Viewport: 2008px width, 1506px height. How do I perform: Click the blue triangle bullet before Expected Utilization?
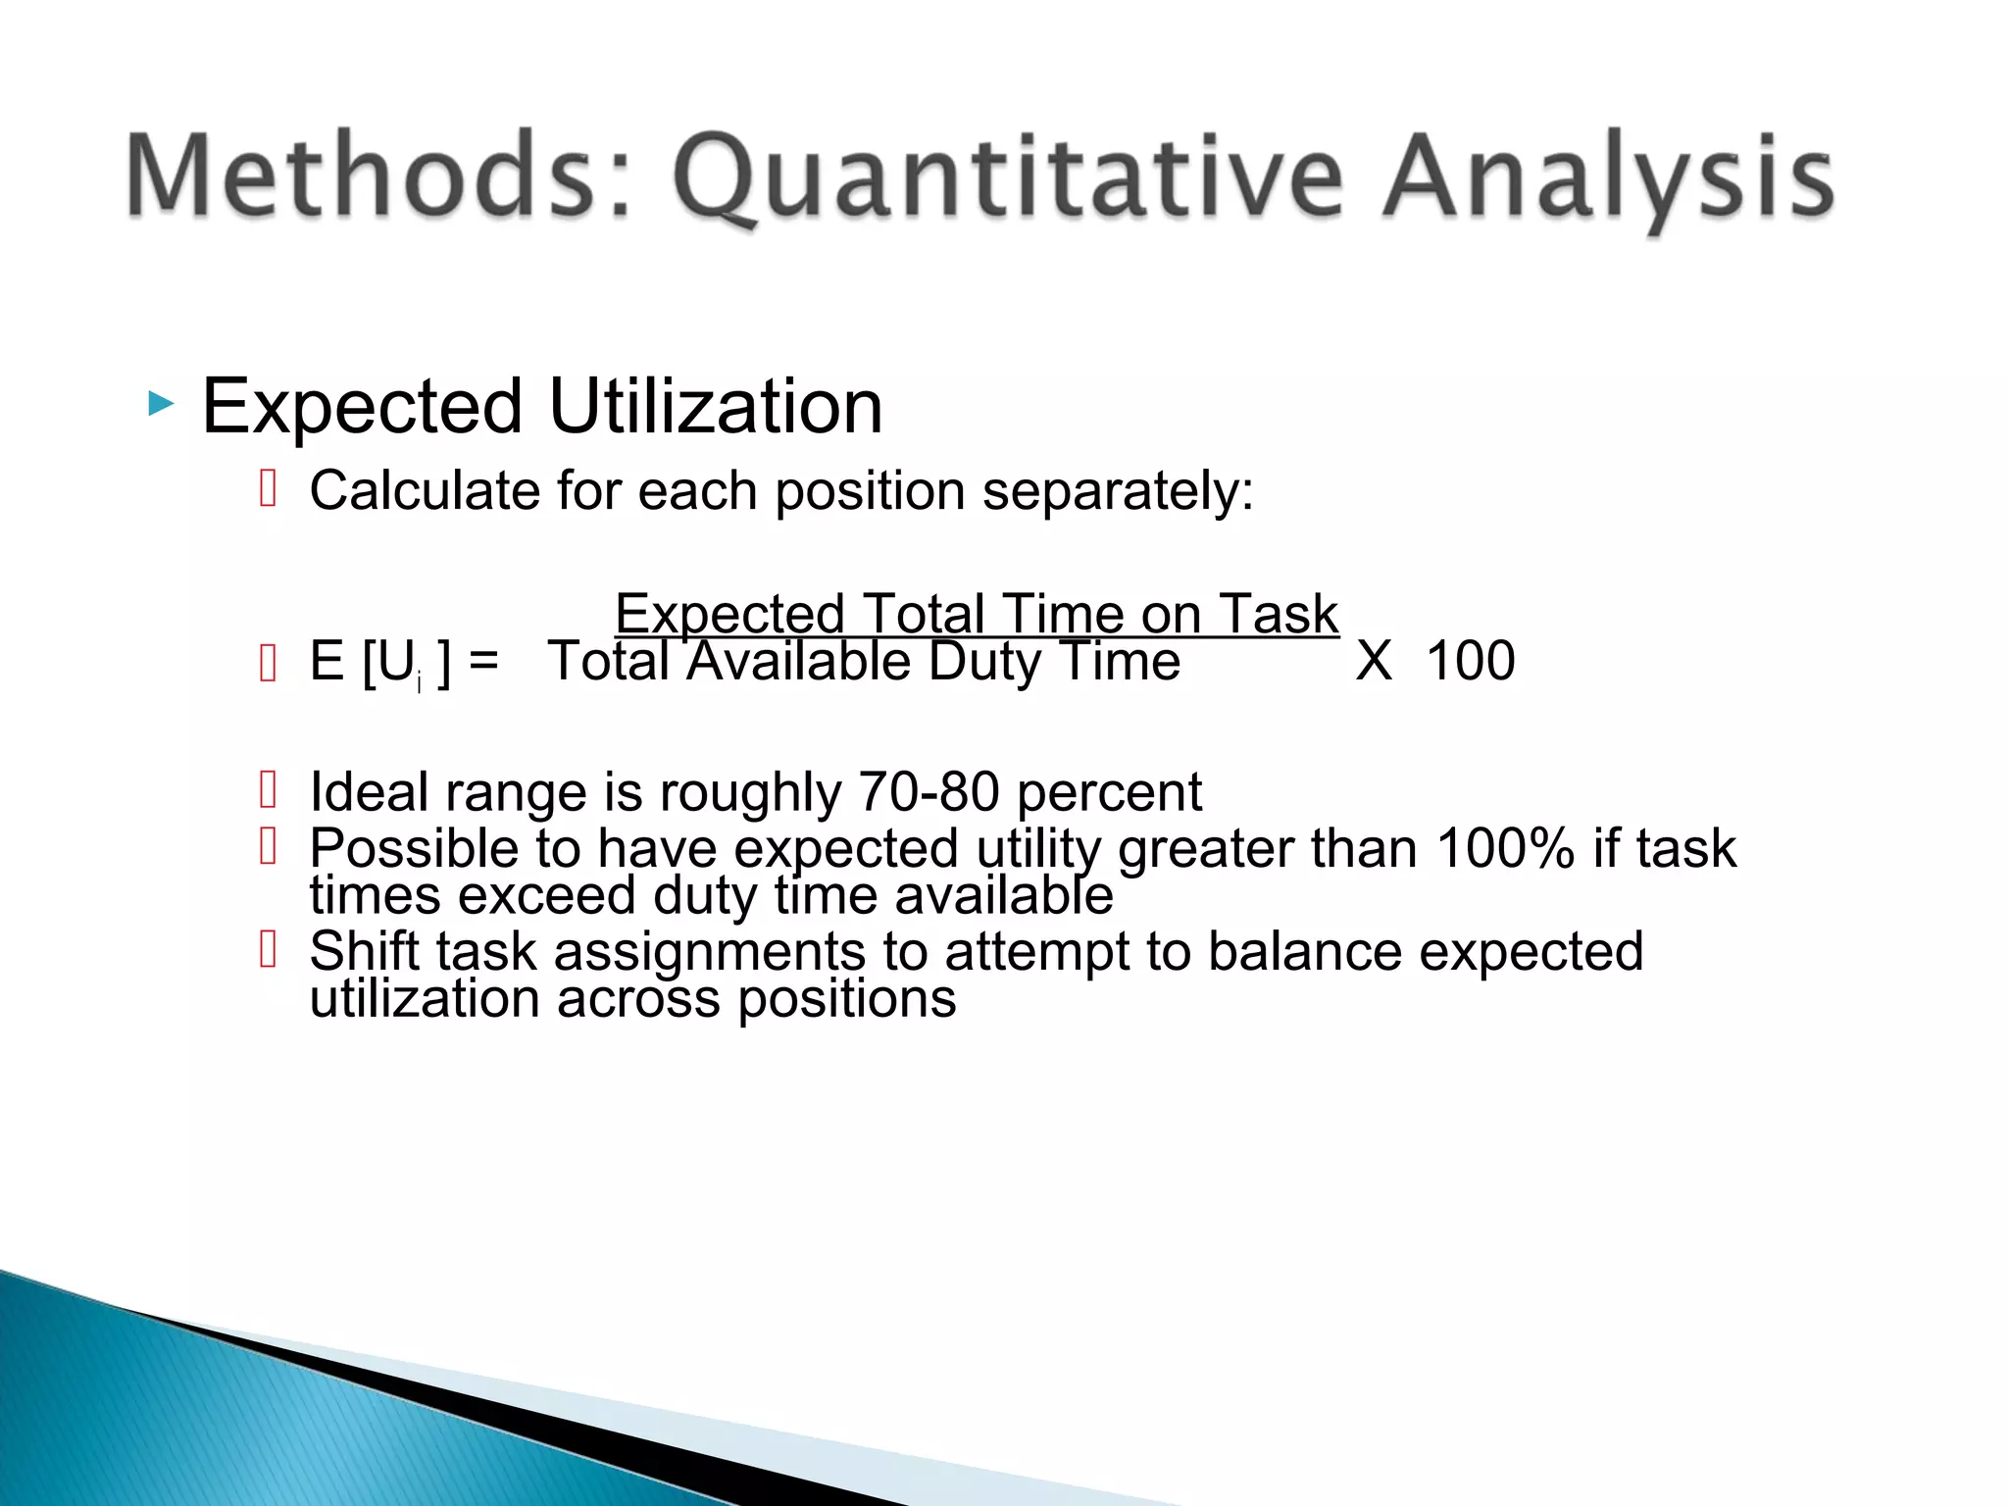point(161,404)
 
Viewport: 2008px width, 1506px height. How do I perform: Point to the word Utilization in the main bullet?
point(716,406)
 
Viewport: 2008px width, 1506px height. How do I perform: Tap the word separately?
point(1118,490)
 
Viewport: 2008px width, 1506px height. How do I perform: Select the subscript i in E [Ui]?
point(419,683)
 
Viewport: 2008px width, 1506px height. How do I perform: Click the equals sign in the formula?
point(483,661)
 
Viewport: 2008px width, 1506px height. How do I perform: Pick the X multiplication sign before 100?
point(1374,661)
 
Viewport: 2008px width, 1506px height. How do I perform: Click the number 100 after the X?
point(1471,661)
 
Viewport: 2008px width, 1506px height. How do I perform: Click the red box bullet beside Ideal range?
point(269,789)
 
